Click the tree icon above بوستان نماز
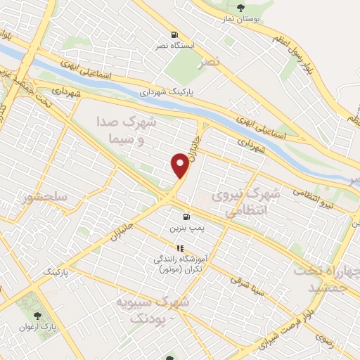point(242,7)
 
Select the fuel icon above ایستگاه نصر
point(174,34)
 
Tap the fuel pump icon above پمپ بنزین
point(186,217)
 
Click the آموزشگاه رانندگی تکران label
point(180,264)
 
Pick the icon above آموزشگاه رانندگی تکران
point(180,248)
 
